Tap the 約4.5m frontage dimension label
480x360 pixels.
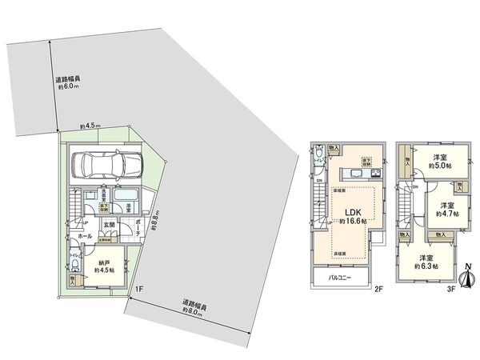click(x=90, y=126)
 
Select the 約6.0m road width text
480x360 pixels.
click(x=67, y=86)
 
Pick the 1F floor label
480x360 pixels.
click(x=138, y=288)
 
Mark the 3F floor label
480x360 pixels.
click(x=450, y=289)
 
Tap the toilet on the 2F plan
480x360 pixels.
click(x=319, y=151)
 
